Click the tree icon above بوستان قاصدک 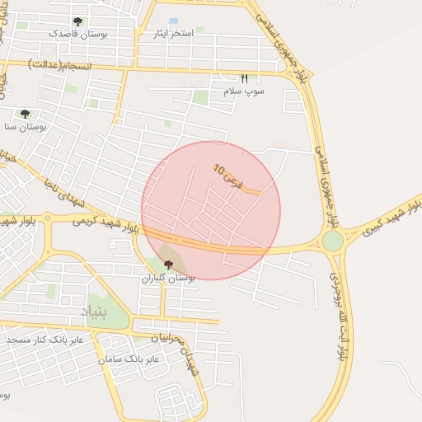[x=77, y=21]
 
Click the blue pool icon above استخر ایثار [x=173, y=21]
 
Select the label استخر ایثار [x=173, y=34]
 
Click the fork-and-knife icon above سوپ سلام [x=244, y=78]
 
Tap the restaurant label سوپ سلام [x=244, y=91]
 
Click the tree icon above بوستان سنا [x=25, y=114]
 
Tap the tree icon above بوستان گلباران [x=169, y=265]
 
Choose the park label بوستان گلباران [x=169, y=279]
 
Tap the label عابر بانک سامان [x=128, y=359]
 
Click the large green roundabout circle [x=332, y=241]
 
